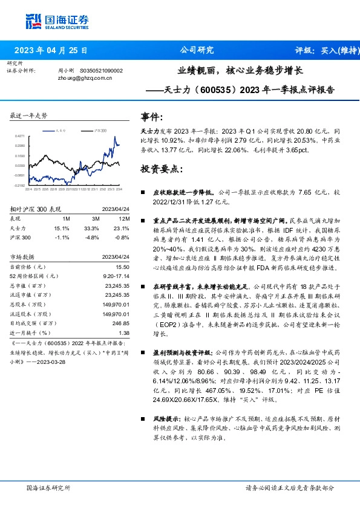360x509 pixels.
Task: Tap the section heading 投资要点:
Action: point(161,169)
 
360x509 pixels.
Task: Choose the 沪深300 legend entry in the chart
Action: point(100,130)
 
